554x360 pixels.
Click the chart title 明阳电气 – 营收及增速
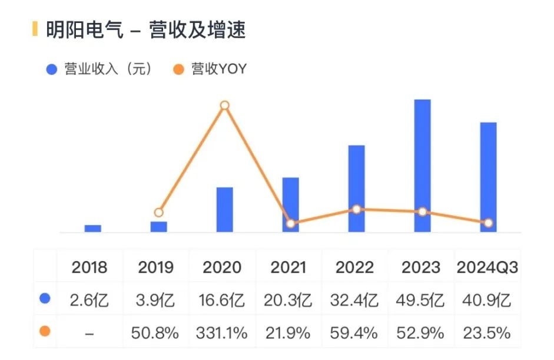(x=145, y=29)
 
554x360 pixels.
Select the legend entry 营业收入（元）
(x=100, y=70)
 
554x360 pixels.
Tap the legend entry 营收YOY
(x=211, y=70)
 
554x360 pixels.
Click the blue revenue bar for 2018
(x=93, y=228)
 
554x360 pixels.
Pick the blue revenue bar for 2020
(x=224, y=209)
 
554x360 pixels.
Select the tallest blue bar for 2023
(x=422, y=166)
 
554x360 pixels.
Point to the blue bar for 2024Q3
(x=488, y=177)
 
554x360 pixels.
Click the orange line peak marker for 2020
(x=224, y=105)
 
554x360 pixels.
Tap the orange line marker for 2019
(x=158, y=213)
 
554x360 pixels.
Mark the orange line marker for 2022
(x=356, y=209)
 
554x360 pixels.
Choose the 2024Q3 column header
(x=487, y=267)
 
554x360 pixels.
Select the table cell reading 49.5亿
(x=423, y=300)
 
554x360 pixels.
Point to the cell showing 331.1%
(x=221, y=333)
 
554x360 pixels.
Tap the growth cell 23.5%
(x=487, y=333)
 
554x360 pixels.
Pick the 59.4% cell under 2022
(x=354, y=333)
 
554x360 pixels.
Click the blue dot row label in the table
(x=45, y=299)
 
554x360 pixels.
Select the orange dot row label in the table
(x=45, y=332)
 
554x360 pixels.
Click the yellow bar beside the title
(x=35, y=29)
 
